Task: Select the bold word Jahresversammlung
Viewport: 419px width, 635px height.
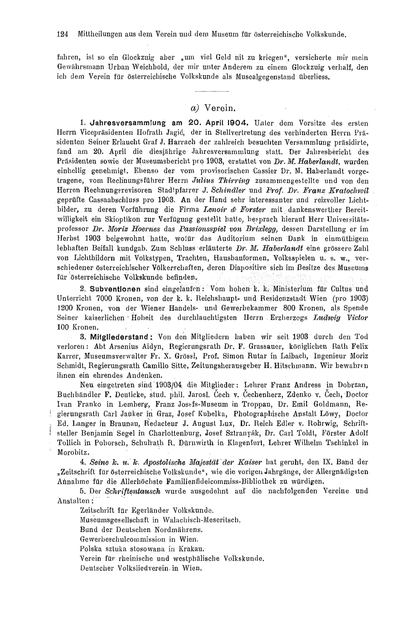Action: [x=127, y=123]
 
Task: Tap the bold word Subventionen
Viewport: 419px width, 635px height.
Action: [x=115, y=289]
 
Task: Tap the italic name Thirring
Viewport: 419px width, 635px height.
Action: [x=234, y=181]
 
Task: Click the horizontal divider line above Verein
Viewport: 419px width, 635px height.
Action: [x=212, y=92]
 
